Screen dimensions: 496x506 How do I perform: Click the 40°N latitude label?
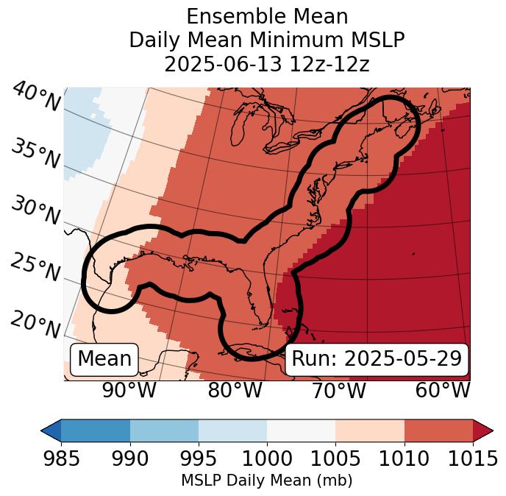[x=36, y=97]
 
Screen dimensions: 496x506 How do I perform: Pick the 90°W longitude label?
[x=129, y=390]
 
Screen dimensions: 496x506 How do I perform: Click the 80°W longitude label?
[x=235, y=390]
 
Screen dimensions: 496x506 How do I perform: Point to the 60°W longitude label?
[x=443, y=390]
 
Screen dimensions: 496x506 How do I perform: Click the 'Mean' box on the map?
[x=104, y=359]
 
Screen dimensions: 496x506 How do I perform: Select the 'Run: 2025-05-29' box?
[x=377, y=359]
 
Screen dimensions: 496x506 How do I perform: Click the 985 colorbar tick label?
[x=61, y=458]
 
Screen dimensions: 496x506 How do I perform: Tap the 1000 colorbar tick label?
[x=267, y=458]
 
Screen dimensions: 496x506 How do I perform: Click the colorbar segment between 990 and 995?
[x=164, y=431]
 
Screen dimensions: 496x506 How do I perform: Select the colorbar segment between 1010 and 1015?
[x=438, y=431]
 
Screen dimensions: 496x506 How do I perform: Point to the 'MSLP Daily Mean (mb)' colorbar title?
[x=266, y=481]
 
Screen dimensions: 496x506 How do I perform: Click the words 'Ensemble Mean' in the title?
[x=267, y=16]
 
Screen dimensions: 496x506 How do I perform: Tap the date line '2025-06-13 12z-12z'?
[x=267, y=64]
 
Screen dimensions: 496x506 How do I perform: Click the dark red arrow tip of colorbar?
[x=484, y=431]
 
